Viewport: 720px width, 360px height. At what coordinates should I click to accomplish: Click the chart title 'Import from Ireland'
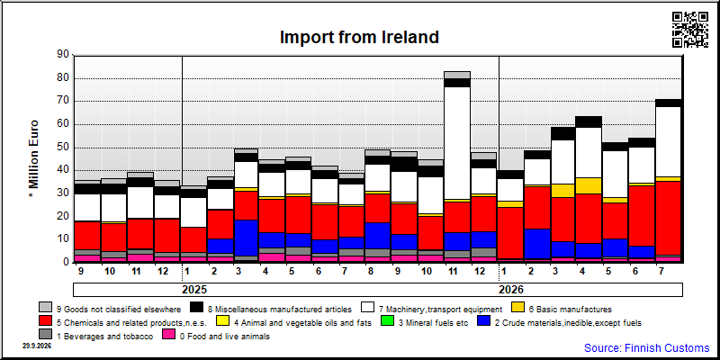click(x=359, y=37)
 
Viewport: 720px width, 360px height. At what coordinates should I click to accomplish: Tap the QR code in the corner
click(x=690, y=30)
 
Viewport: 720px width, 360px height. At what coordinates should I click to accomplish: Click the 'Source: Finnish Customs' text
click(x=646, y=347)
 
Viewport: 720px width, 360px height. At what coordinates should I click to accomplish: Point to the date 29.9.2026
click(x=37, y=346)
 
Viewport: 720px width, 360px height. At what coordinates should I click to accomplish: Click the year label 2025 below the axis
click(x=194, y=290)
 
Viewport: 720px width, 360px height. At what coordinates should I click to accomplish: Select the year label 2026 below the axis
click(x=511, y=290)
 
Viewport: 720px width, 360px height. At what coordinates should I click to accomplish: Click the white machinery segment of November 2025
click(x=457, y=143)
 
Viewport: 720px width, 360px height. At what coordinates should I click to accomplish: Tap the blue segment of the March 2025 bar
click(x=246, y=238)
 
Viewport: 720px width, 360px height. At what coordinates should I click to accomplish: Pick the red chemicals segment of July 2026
click(x=669, y=218)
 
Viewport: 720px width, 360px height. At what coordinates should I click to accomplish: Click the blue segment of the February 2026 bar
click(x=536, y=244)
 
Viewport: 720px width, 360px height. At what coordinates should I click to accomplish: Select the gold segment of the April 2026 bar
click(x=589, y=185)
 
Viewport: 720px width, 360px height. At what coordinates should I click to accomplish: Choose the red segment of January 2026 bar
click(x=510, y=233)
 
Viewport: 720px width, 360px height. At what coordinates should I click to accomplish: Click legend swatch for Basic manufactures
click(x=519, y=309)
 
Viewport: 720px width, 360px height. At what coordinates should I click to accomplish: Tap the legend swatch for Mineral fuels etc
click(x=389, y=322)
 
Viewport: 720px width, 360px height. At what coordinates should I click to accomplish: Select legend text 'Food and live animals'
click(x=225, y=337)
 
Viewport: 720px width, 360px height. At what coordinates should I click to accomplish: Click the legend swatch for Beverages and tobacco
click(x=46, y=336)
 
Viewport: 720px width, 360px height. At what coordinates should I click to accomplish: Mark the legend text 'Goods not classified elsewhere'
click(x=119, y=309)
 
